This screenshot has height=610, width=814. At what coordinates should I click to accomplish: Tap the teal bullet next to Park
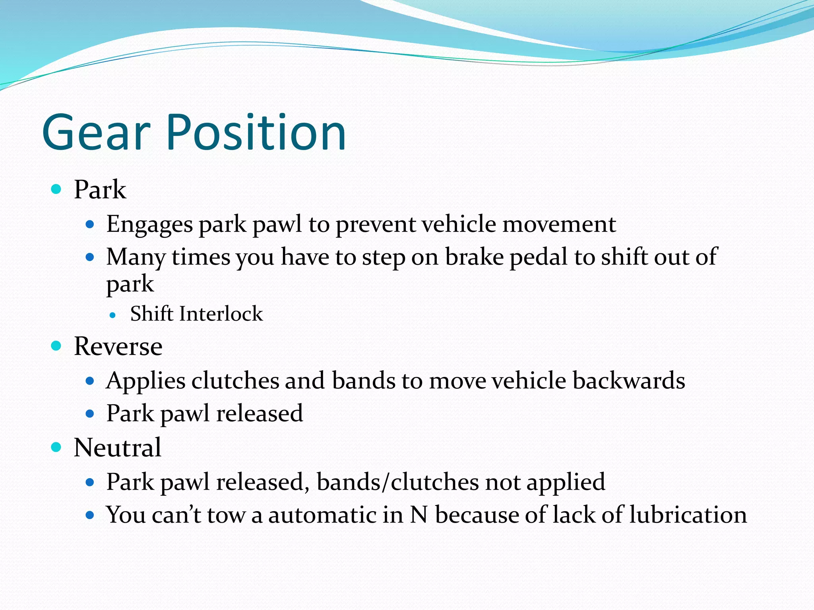point(56,189)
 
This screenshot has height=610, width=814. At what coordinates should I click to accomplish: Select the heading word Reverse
point(118,346)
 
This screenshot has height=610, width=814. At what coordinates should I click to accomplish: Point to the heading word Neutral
point(118,448)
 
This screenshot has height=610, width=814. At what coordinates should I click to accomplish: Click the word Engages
point(149,225)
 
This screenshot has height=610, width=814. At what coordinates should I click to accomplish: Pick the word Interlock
point(221,314)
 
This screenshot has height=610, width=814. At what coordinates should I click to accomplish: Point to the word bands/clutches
point(398,482)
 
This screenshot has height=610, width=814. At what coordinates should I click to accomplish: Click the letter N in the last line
point(419,515)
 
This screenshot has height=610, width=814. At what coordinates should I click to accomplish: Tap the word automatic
point(322,515)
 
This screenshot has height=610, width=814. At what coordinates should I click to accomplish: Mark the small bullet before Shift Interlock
point(113,316)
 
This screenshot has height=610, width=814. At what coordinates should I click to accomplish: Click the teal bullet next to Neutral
point(56,448)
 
